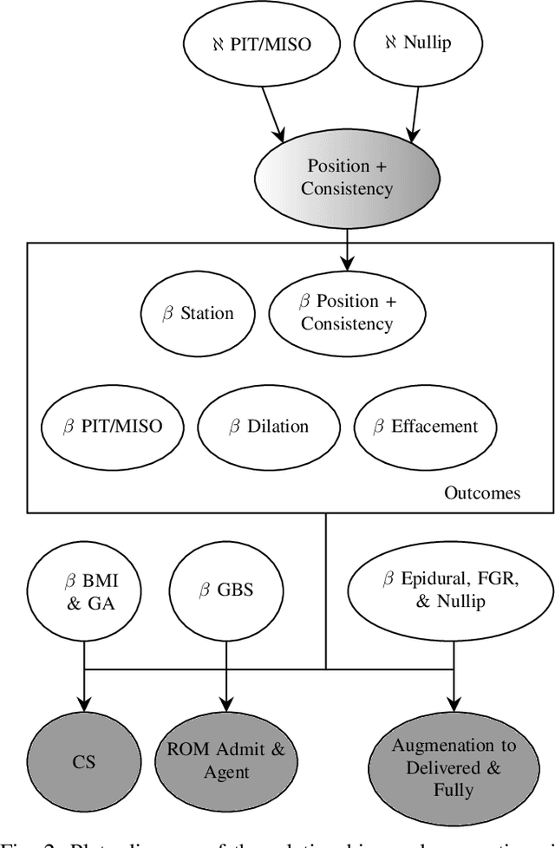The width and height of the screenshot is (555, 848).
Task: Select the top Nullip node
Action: pyautogui.click(x=419, y=41)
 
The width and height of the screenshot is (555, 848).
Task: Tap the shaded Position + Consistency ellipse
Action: pyautogui.click(x=347, y=177)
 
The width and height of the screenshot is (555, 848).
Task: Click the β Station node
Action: pyautogui.click(x=197, y=314)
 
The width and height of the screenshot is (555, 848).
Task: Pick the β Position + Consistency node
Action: pyautogui.click(x=346, y=313)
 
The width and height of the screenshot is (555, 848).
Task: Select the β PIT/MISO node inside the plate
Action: pyautogui.click(x=113, y=427)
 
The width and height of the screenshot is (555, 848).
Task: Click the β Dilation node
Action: pyautogui.click(x=267, y=427)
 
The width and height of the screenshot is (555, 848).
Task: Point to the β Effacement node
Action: pyautogui.click(x=425, y=427)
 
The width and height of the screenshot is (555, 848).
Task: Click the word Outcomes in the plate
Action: pyautogui.click(x=482, y=492)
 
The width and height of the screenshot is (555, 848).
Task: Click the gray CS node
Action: pyautogui.click(x=84, y=762)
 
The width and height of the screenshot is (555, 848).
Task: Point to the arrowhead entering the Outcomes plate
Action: pyautogui.click(x=347, y=261)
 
